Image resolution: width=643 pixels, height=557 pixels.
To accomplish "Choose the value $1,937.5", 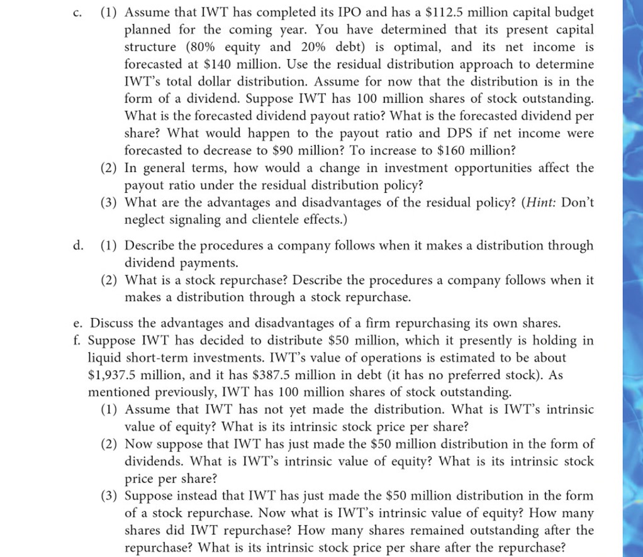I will (114, 375).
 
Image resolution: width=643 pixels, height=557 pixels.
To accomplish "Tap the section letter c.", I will (77, 13).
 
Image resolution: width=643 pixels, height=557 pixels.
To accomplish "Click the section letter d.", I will (77, 245).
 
